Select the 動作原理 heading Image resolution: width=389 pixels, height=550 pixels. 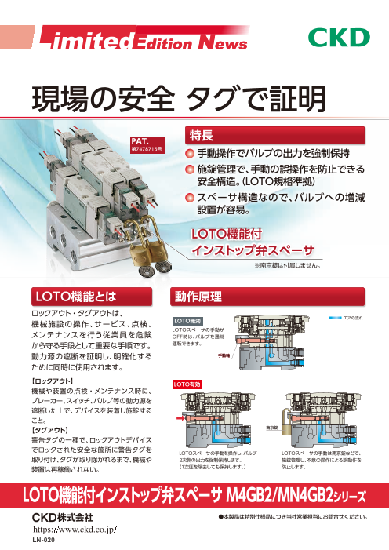[202, 296]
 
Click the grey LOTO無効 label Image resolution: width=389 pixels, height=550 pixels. [187, 320]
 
